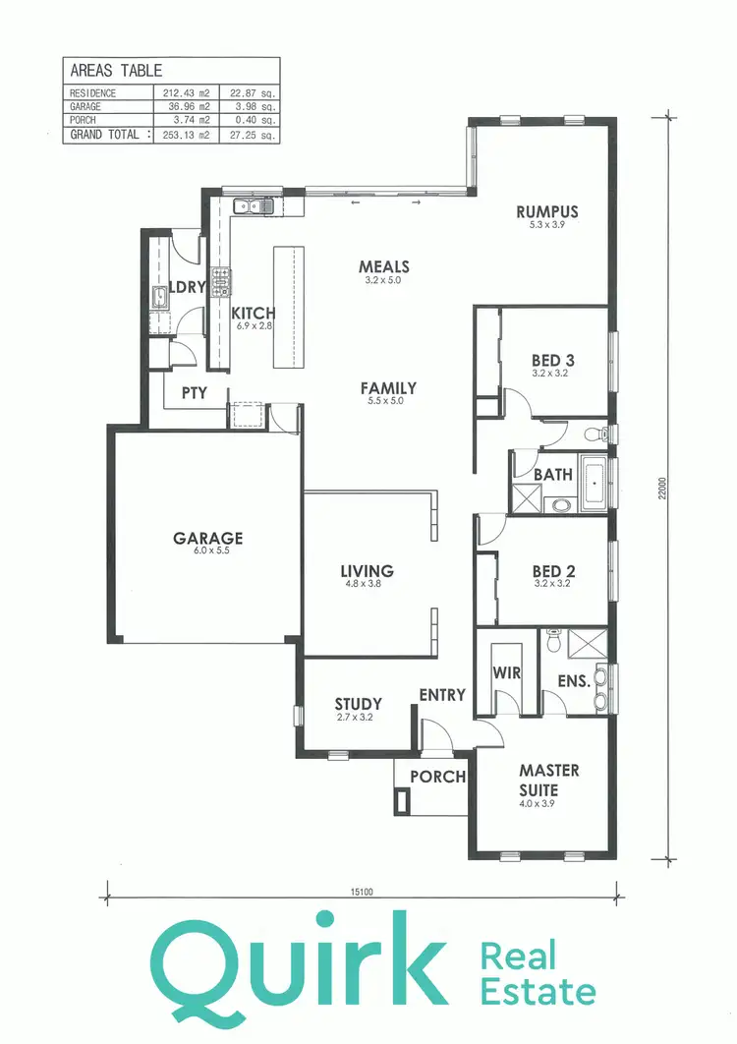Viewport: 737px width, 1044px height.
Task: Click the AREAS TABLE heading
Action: (x=116, y=71)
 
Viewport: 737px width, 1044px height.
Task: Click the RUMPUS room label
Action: (x=547, y=211)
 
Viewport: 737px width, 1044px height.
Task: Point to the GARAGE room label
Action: (x=207, y=539)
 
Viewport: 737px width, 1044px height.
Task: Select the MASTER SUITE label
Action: (x=548, y=780)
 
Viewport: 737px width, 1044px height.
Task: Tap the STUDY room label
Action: (x=358, y=704)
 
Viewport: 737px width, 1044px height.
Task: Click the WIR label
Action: (x=505, y=673)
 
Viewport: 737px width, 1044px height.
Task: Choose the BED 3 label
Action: (x=552, y=360)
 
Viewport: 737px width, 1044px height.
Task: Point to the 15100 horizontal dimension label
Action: (x=362, y=893)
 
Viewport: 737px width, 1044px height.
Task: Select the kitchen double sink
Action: (x=253, y=206)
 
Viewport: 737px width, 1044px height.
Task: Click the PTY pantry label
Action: (x=193, y=392)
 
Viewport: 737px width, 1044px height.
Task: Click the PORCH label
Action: (x=437, y=776)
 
